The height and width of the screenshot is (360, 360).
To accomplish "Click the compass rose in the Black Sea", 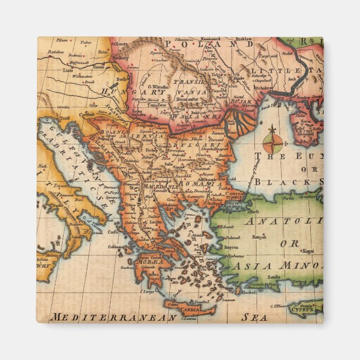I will (272, 141).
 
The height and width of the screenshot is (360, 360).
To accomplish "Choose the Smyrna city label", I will (231, 246).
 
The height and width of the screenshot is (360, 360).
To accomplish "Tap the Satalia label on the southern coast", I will (274, 276).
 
